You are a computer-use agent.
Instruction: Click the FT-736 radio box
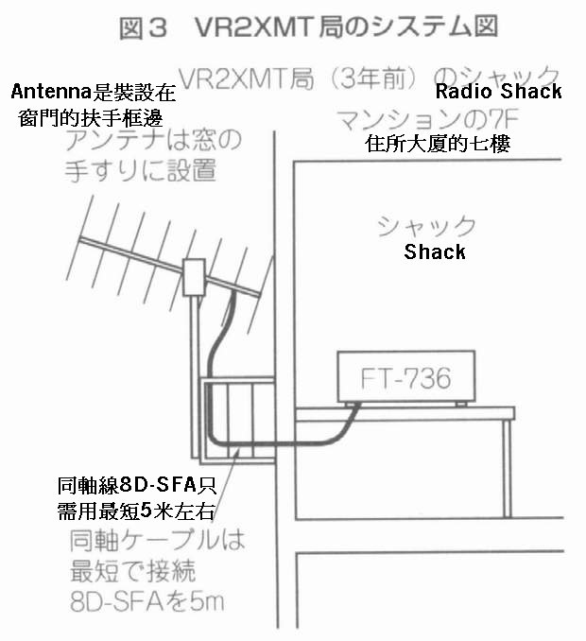(406, 378)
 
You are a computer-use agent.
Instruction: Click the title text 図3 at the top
(143, 28)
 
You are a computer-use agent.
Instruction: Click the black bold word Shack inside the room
(435, 251)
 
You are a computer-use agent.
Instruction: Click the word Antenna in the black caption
(46, 93)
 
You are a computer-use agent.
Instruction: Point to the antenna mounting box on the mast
(197, 277)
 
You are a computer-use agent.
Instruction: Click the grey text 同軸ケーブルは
(157, 543)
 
